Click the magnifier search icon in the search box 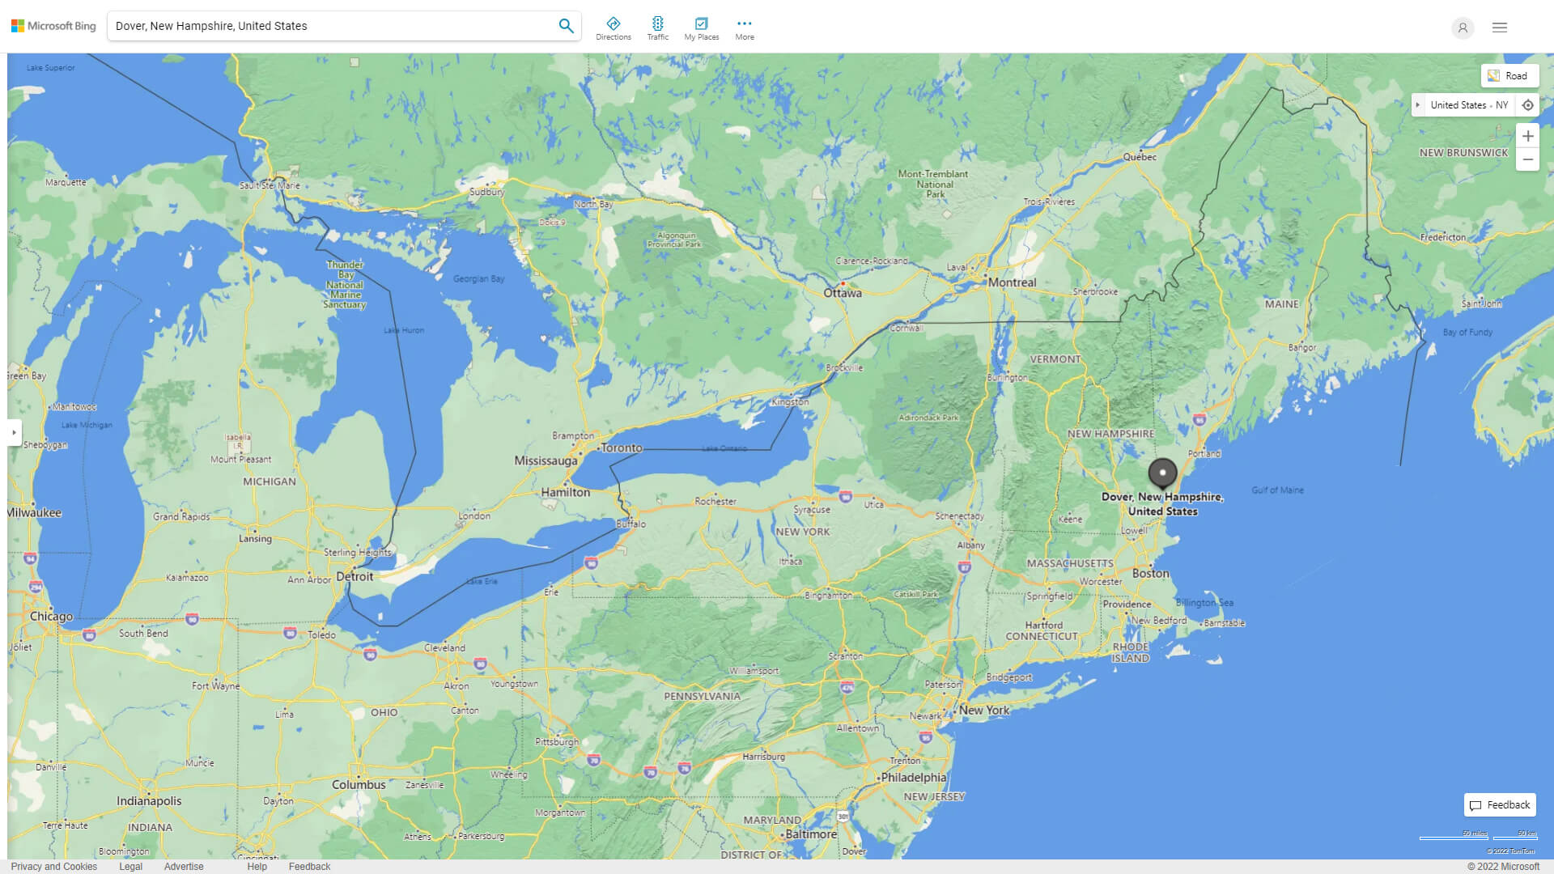tap(566, 26)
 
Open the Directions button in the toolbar tap(613, 28)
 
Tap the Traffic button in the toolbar tap(657, 28)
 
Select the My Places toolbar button tap(701, 28)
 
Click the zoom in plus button tap(1527, 136)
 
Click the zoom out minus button tap(1527, 159)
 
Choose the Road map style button tap(1509, 76)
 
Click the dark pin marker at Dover tap(1162, 473)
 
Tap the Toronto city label tap(622, 448)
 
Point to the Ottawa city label tap(843, 293)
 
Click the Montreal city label tap(1012, 282)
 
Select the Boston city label tap(1150, 573)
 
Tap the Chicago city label tap(51, 616)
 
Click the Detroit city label tap(355, 576)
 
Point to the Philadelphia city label tap(914, 777)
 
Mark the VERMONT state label tap(1055, 359)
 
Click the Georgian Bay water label tap(478, 278)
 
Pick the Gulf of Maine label tap(1277, 490)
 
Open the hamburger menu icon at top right tap(1499, 28)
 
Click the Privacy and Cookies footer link tap(54, 866)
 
